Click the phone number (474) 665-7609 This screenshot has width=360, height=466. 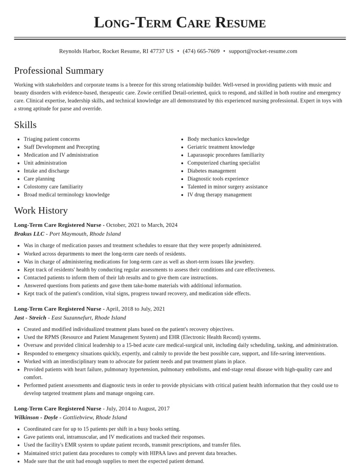click(201, 51)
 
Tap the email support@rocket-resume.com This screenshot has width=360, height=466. click(263, 51)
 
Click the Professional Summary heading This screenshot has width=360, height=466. click(59, 71)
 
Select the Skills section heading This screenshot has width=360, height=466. click(25, 125)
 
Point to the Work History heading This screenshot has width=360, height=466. click(41, 210)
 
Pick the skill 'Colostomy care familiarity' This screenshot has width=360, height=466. click(53, 187)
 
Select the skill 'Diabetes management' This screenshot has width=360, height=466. click(211, 171)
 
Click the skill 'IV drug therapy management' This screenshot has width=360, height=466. click(220, 195)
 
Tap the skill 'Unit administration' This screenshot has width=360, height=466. click(45, 163)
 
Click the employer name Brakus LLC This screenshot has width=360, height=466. click(29, 234)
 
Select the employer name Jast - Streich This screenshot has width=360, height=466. click(30, 317)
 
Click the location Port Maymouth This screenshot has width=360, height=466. click(68, 234)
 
